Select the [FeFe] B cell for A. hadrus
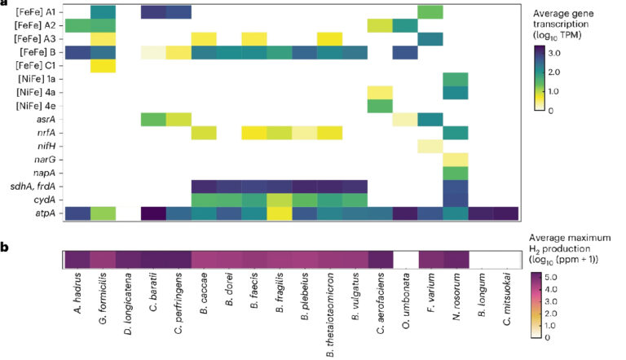pyautogui.click(x=77, y=52)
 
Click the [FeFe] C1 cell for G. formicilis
pyautogui.click(x=102, y=65)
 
